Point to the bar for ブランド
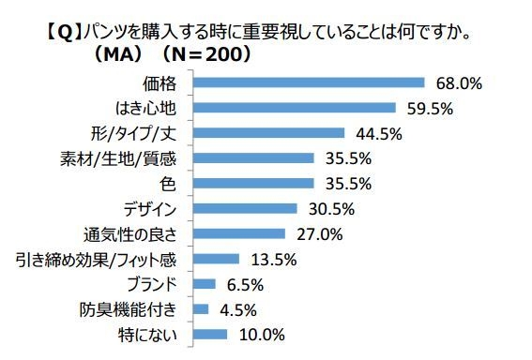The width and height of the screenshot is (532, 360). tap(204, 283)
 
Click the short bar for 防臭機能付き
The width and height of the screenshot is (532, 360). tap(200, 308)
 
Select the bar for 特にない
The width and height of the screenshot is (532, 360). tap(209, 333)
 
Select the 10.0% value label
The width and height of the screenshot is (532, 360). tap(259, 333)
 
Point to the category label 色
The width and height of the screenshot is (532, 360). tap(176, 183)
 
